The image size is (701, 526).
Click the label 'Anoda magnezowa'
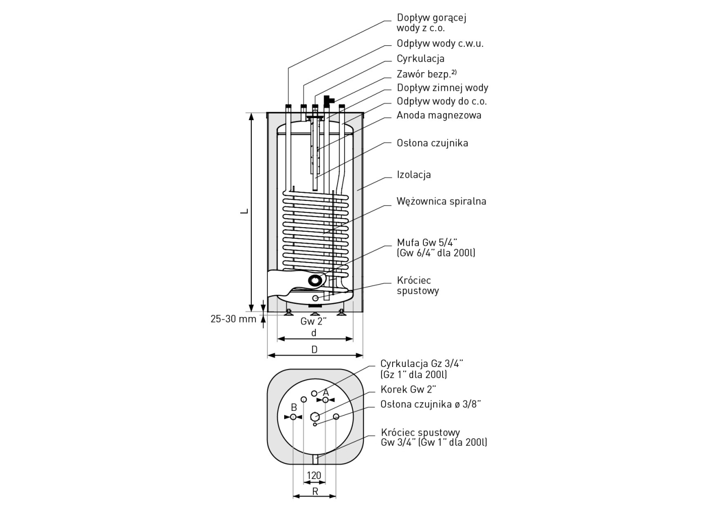439,115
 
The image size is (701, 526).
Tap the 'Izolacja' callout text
413,175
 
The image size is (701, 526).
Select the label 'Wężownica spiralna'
441,201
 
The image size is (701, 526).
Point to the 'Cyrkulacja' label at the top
420,59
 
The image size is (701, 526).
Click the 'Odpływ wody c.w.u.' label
440,43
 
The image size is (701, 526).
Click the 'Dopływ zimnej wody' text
442,88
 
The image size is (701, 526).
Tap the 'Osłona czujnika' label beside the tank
432,143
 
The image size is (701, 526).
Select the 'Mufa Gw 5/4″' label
427,242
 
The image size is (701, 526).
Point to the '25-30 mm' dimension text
233,319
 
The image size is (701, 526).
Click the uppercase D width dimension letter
314,349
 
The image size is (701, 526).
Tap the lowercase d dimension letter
314,333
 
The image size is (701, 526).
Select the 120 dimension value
314,475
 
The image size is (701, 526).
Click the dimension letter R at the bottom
315,491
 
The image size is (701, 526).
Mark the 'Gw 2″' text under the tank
314,321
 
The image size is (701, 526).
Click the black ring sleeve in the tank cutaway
315,280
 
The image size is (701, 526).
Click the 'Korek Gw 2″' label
408,389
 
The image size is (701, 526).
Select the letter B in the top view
294,407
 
